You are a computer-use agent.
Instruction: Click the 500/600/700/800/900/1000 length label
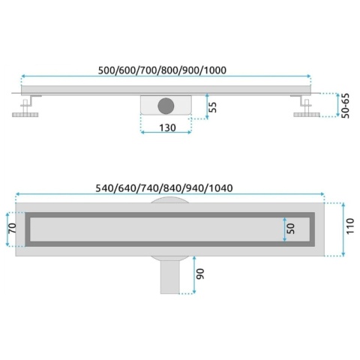coord(162,70)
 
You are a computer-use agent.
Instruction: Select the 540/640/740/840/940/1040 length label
coord(164,188)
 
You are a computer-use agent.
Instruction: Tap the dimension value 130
coord(167,127)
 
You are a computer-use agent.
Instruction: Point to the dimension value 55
coord(212,107)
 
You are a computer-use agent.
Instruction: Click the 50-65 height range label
coord(345,106)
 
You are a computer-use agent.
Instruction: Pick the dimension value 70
coord(12,228)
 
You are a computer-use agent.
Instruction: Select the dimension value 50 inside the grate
coord(291,229)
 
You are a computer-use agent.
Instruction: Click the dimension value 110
coord(350,226)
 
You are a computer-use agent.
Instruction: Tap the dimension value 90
coord(200,274)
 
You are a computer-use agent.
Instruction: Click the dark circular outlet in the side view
coord(166,106)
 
